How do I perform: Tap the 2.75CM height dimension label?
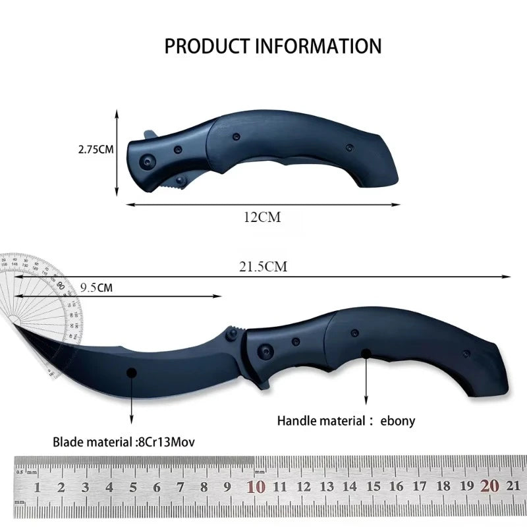click(x=96, y=150)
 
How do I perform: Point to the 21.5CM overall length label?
click(x=263, y=267)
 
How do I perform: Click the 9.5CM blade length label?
click(x=96, y=287)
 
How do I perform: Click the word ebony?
click(x=398, y=420)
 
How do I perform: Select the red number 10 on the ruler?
click(x=256, y=487)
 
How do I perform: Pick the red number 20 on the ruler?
click(x=489, y=486)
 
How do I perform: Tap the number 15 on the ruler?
click(x=373, y=487)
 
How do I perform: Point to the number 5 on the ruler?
click(x=133, y=487)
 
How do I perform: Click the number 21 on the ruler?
click(x=514, y=487)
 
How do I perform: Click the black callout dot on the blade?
click(x=132, y=372)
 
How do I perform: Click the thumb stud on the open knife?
click(x=232, y=334)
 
